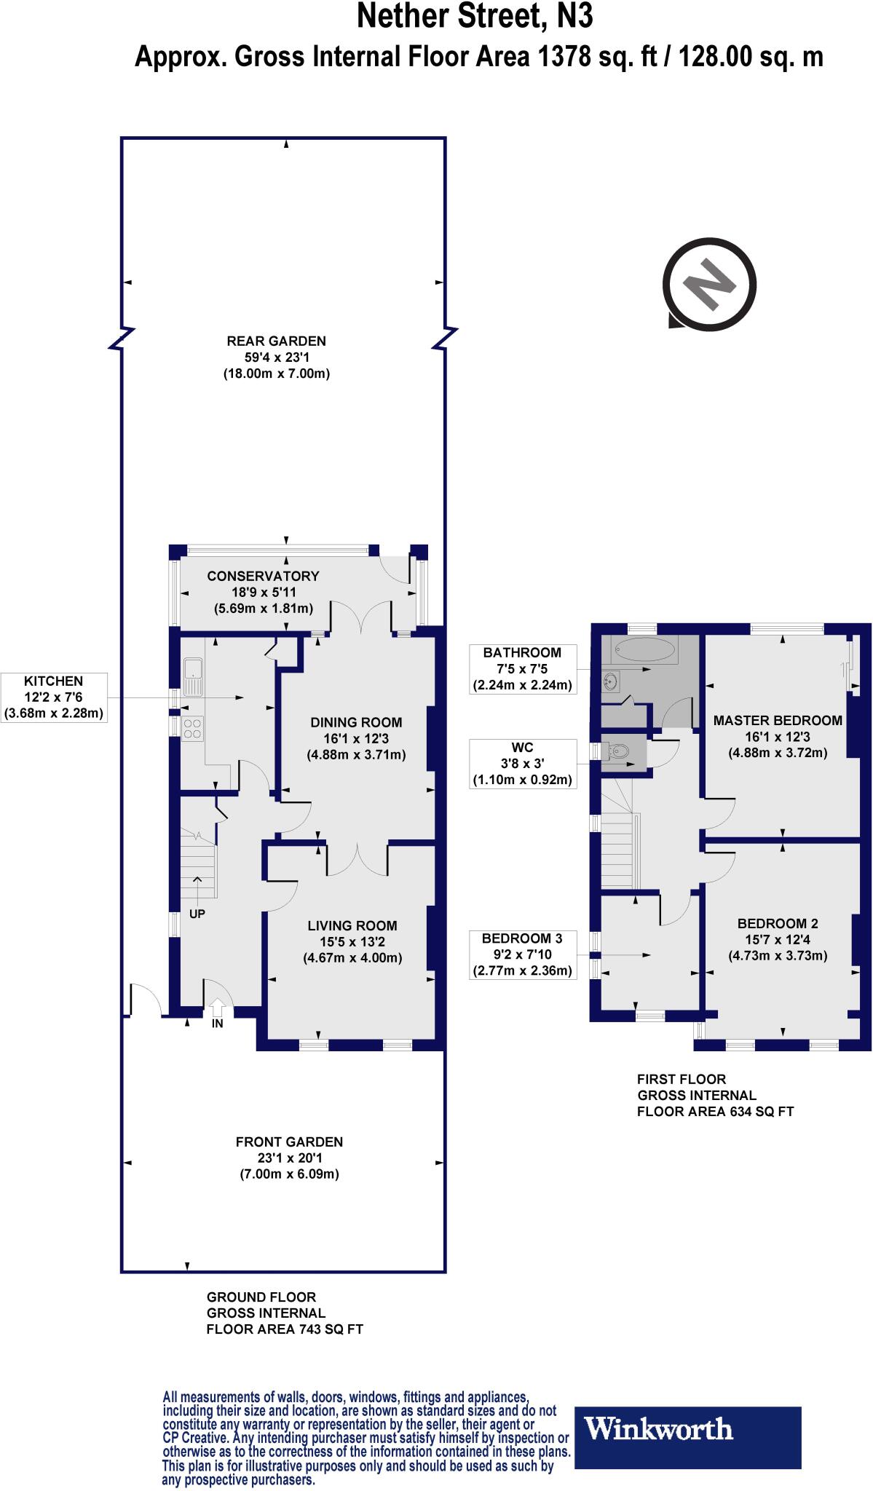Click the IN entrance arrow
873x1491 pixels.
coord(217,1008)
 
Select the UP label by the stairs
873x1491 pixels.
coord(197,914)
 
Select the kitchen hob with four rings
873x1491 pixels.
coord(193,729)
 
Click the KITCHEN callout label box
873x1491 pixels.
coord(54,697)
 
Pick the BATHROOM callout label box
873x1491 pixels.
coord(523,668)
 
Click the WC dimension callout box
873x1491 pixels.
coord(523,763)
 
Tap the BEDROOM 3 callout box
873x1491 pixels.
coord(523,954)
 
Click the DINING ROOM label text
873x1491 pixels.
coord(356,722)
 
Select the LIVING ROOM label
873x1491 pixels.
coord(352,925)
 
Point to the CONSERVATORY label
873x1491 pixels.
coord(263,576)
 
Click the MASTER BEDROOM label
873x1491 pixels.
coord(778,720)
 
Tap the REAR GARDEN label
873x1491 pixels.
coord(277,341)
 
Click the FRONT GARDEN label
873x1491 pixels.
coord(289,1142)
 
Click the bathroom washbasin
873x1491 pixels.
coord(612,681)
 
